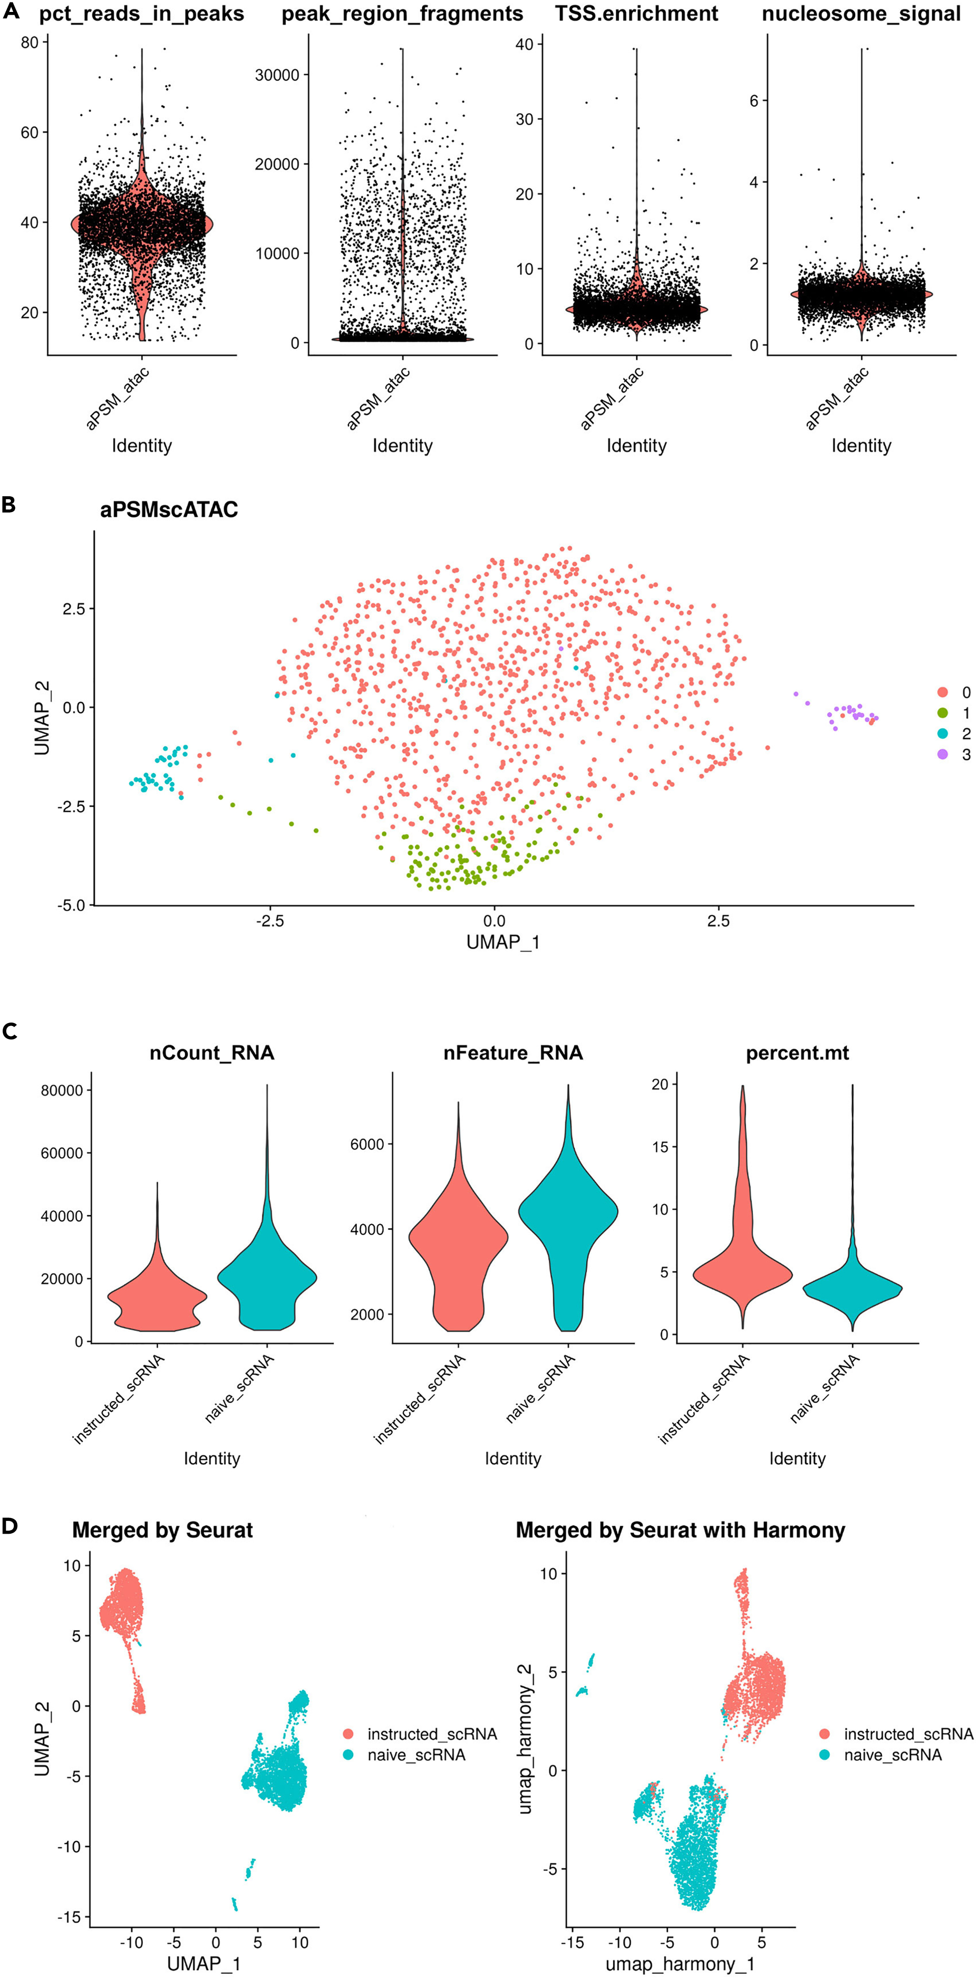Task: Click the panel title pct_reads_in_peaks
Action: (x=142, y=14)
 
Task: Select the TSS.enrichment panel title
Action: (x=637, y=14)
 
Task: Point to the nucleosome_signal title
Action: (x=861, y=14)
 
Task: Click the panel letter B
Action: (x=10, y=505)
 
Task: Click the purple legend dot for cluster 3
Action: (x=943, y=754)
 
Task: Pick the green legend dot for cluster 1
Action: (x=943, y=713)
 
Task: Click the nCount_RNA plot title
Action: (x=212, y=1053)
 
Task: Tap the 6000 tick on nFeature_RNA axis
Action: (x=367, y=1144)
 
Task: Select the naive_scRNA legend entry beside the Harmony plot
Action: (x=892, y=1754)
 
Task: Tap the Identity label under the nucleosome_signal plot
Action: (x=861, y=446)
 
